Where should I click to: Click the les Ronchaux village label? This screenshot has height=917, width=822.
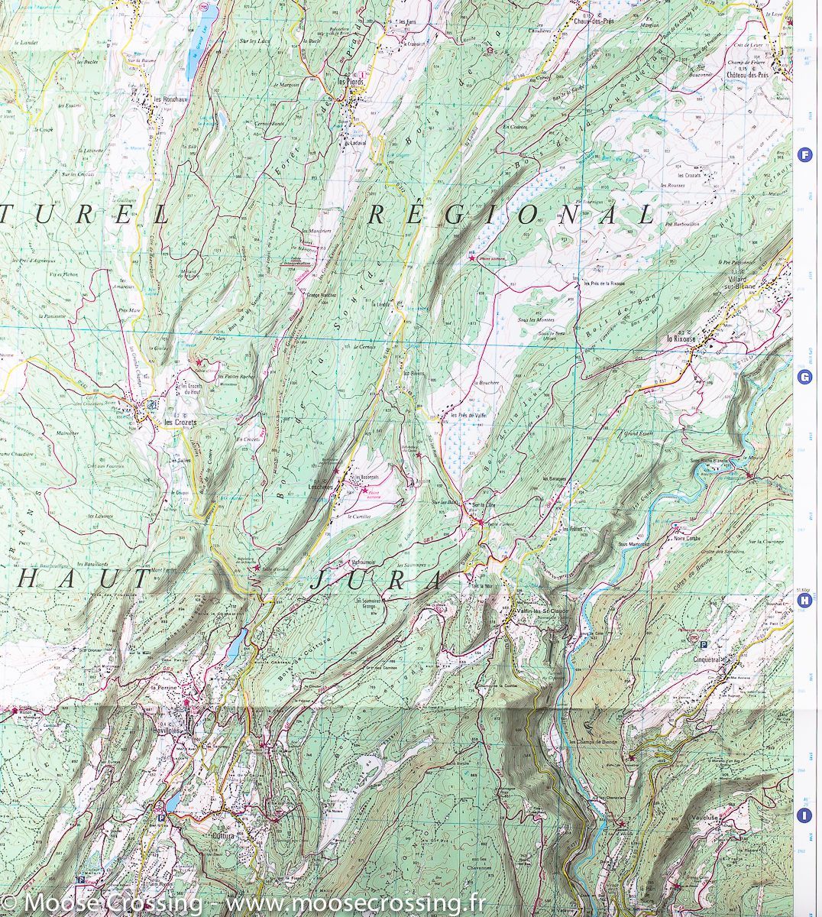pos(170,99)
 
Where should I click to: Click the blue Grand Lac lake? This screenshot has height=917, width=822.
pos(201,38)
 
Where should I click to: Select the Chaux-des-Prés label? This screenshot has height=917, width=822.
pos(595,21)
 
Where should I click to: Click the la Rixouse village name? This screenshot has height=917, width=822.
pos(681,338)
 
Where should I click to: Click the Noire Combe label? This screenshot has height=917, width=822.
pos(690,539)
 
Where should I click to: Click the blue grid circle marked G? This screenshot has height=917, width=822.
pos(804,377)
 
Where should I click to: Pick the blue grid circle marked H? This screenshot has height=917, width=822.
pos(804,601)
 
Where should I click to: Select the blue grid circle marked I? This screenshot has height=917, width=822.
pos(804,815)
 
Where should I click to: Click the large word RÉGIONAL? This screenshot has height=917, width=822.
pos(511,215)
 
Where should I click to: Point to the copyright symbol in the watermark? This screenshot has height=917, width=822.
pos(9,903)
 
